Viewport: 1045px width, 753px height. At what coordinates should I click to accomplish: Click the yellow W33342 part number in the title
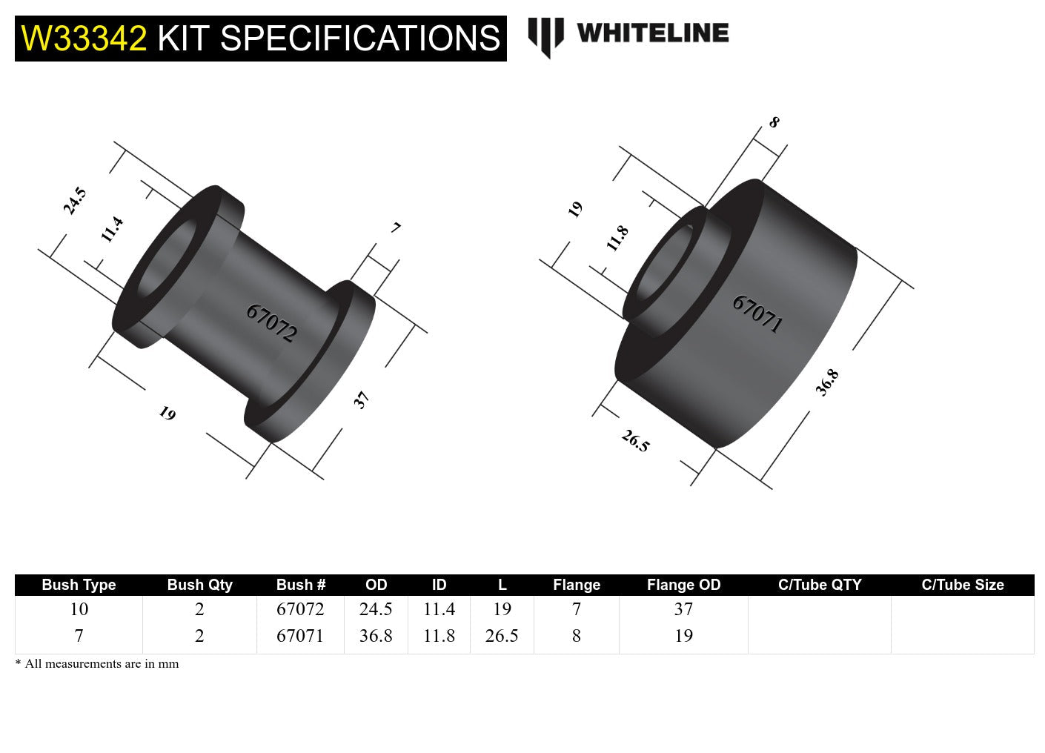[84, 39]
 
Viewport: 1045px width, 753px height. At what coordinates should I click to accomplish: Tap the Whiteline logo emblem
[545, 36]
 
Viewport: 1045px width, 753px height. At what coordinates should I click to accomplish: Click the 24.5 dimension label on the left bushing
[75, 201]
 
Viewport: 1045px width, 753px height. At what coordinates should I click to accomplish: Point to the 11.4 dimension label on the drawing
[112, 229]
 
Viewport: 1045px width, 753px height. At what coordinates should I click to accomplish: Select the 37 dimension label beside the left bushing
[361, 400]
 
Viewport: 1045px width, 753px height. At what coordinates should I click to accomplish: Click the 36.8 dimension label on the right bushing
[827, 382]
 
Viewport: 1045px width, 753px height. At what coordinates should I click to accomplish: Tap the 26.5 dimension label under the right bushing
[635, 441]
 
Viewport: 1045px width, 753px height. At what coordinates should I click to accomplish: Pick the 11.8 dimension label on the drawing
[617, 238]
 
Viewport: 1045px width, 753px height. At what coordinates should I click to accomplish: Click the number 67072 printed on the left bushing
[271, 323]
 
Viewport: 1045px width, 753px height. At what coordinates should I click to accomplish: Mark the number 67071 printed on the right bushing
[757, 314]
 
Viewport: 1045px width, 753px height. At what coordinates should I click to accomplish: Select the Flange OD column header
[683, 585]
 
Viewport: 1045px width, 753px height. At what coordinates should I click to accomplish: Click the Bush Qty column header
[199, 585]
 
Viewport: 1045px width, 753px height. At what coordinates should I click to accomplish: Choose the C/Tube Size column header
[962, 585]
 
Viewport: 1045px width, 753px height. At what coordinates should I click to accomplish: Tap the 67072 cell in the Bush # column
[300, 609]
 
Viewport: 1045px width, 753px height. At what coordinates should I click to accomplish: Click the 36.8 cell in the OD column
[376, 636]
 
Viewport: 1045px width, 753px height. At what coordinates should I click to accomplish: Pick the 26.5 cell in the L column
[502, 636]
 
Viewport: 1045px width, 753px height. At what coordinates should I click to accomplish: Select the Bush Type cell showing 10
[79, 609]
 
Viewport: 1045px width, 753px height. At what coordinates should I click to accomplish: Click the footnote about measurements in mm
[97, 664]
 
